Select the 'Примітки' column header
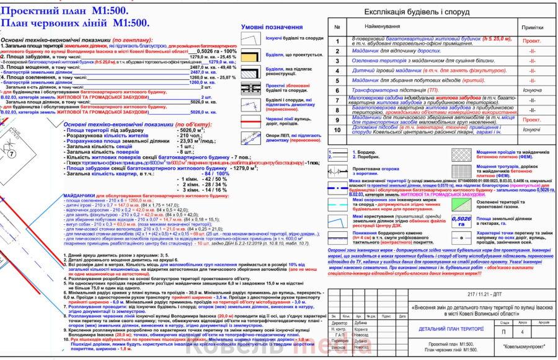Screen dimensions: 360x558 pyautogui.click(x=531, y=28)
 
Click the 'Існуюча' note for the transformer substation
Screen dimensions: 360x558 pyautogui.click(x=531, y=90)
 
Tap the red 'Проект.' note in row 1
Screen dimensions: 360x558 pyautogui.click(x=531, y=41)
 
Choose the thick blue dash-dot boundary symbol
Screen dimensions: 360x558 pyautogui.click(x=338, y=183)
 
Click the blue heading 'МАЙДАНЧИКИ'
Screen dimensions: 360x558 pyautogui.click(x=79, y=196)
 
